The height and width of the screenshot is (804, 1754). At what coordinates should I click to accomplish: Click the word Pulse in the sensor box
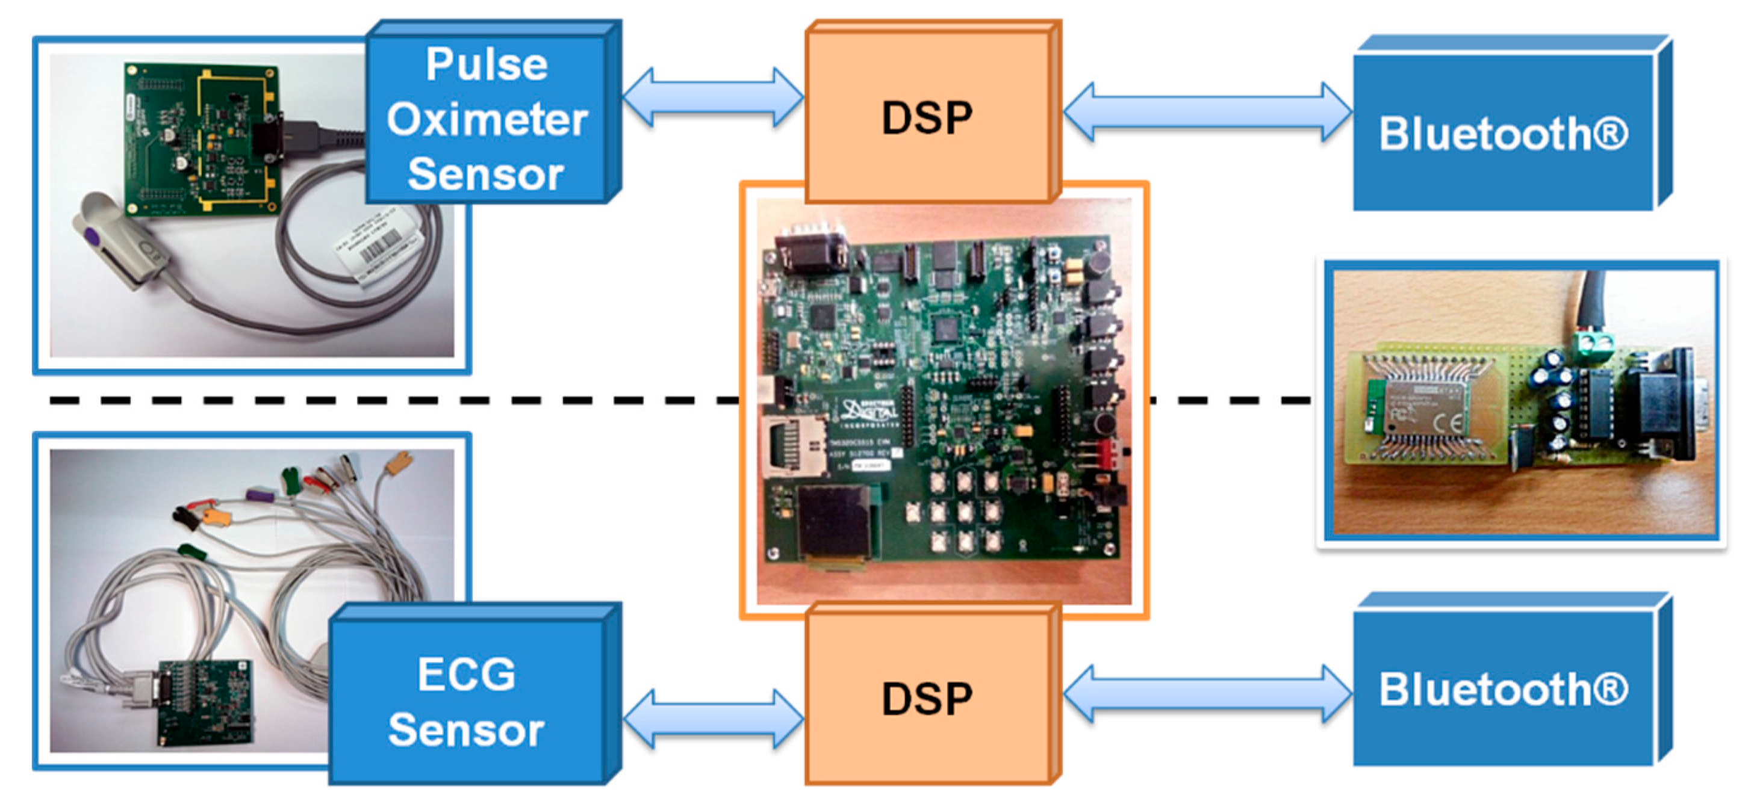point(486,64)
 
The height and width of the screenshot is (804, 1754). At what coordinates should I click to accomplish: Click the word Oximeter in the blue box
point(486,119)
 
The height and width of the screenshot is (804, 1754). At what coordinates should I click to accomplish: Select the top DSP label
point(927,118)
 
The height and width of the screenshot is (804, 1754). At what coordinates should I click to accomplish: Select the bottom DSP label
point(927,699)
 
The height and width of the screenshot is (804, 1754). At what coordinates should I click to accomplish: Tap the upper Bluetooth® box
point(1503,134)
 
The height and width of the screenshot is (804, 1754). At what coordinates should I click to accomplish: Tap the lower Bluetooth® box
point(1503,689)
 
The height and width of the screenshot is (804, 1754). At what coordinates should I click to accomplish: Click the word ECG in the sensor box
point(467,674)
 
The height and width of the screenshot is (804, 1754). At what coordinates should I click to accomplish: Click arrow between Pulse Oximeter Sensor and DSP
point(713,97)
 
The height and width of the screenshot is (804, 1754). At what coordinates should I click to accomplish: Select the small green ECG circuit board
point(204,701)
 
